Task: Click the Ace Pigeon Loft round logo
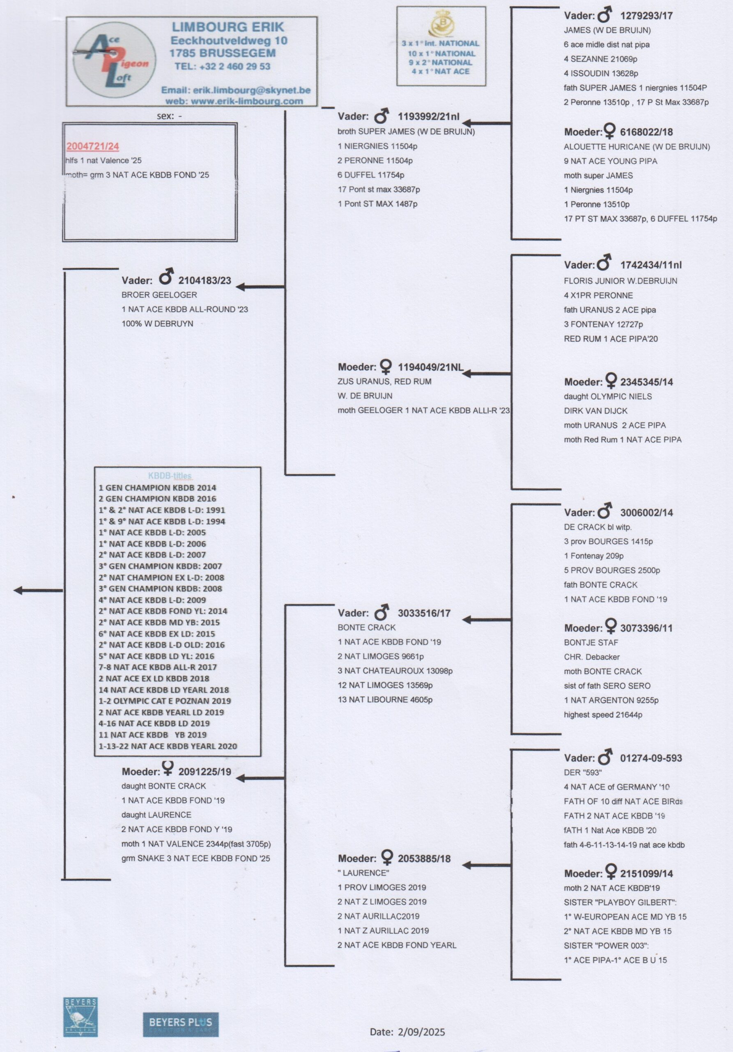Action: [x=115, y=60]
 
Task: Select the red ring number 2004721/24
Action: [x=92, y=147]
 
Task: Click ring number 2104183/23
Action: [x=205, y=280]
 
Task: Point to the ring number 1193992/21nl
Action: [x=429, y=116]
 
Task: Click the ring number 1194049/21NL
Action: [x=430, y=367]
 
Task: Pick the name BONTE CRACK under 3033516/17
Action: [x=366, y=627]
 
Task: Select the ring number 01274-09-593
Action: [x=650, y=758]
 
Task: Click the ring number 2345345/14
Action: [x=646, y=382]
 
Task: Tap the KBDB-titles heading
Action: [x=170, y=475]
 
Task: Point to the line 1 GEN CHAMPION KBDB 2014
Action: [x=157, y=488]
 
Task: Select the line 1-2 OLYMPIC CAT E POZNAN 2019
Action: [x=165, y=701]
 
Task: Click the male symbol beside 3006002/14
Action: [x=605, y=511]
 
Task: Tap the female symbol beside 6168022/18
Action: [x=609, y=131]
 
